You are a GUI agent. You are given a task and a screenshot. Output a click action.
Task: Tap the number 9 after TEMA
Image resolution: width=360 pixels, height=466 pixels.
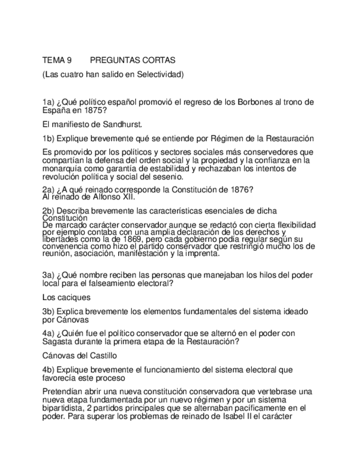70,60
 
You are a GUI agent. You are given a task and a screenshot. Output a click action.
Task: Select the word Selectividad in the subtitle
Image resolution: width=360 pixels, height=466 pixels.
159,74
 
